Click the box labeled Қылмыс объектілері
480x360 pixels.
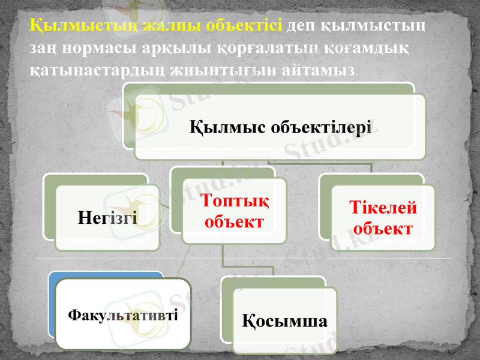click(x=280, y=127)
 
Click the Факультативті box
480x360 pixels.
click(x=123, y=314)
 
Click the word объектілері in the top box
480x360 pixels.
click(x=322, y=127)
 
